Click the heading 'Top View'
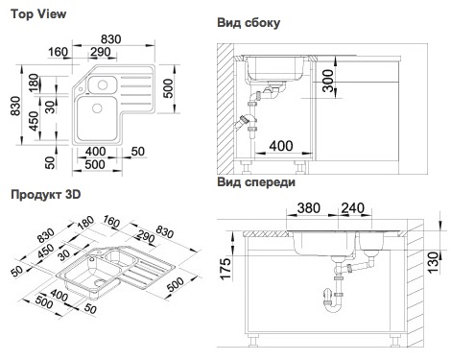(x=38, y=14)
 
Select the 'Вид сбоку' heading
(x=249, y=23)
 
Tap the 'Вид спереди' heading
(x=256, y=182)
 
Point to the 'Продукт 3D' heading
(x=46, y=195)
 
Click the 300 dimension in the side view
(x=328, y=81)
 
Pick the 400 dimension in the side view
(x=281, y=146)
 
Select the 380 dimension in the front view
(x=309, y=208)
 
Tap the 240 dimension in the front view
(x=353, y=208)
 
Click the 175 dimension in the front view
(x=225, y=269)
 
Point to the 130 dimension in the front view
(x=434, y=262)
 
